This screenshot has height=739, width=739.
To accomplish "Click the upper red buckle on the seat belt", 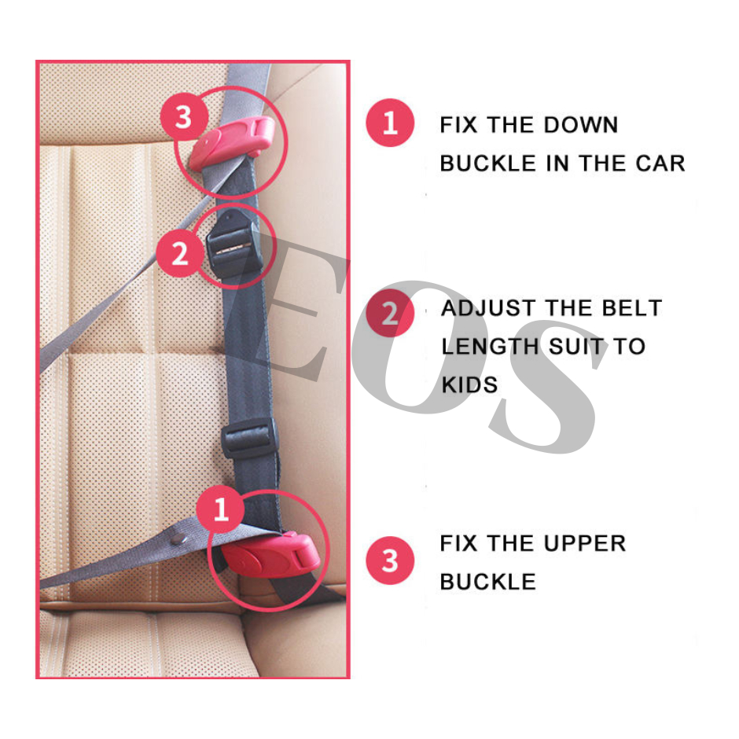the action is pyautogui.click(x=232, y=142).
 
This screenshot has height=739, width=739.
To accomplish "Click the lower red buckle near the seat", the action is pyautogui.click(x=270, y=555).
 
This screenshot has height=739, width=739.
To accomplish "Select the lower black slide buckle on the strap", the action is pyautogui.click(x=249, y=437).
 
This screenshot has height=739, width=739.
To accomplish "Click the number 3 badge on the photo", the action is pyautogui.click(x=184, y=117).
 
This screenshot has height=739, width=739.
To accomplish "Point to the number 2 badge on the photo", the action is pyautogui.click(x=179, y=253).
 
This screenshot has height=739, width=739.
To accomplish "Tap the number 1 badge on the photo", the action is pyautogui.click(x=221, y=509).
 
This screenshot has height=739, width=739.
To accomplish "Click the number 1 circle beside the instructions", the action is pyautogui.click(x=390, y=123).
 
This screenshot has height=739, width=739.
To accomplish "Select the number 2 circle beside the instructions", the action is pyautogui.click(x=390, y=313).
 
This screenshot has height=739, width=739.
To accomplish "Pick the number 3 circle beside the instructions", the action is pyautogui.click(x=390, y=561).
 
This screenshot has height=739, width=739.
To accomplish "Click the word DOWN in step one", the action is pyautogui.click(x=581, y=125).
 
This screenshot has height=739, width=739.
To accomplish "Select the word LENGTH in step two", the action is pyautogui.click(x=490, y=347).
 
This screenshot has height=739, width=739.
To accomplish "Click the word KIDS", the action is pyautogui.click(x=469, y=385).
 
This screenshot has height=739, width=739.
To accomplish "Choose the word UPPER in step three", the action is pyautogui.click(x=585, y=543).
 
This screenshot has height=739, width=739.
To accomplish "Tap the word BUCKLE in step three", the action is pyautogui.click(x=487, y=582).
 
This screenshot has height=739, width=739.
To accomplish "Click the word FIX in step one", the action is pyautogui.click(x=458, y=125).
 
